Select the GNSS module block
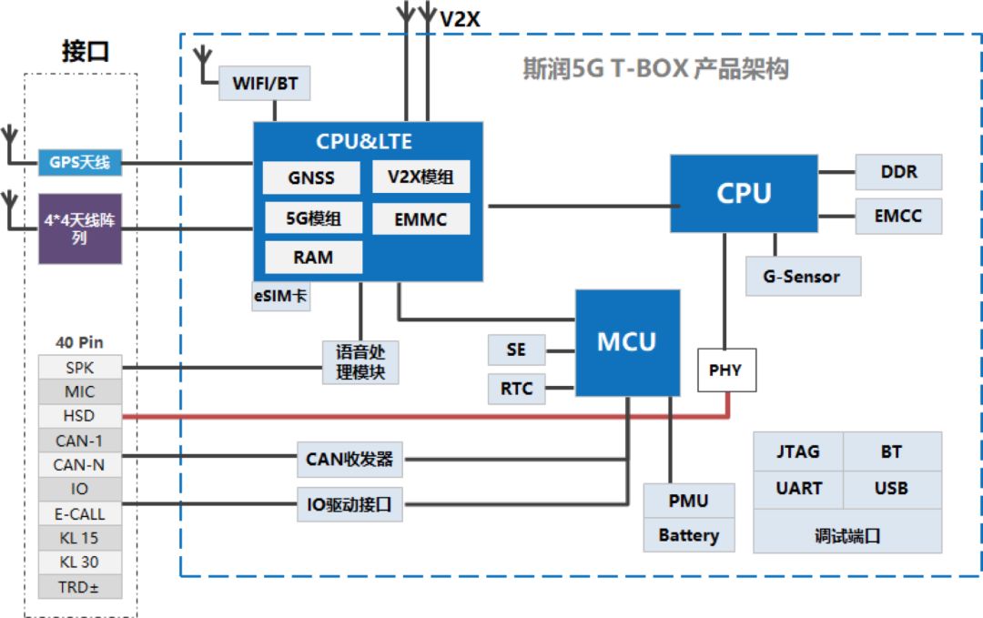tap(311, 177)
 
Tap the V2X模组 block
tap(421, 177)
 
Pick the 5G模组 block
tap(312, 218)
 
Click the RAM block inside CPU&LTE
tap(312, 258)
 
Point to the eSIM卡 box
tap(281, 296)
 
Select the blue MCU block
tap(626, 341)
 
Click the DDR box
tap(898, 172)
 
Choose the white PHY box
tap(725, 370)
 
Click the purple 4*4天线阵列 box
tap(80, 228)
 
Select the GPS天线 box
tap(80, 163)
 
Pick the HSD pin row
tap(79, 416)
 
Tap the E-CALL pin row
tap(79, 513)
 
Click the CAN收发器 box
tap(350, 460)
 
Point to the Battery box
tap(688, 535)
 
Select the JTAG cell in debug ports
tap(798, 451)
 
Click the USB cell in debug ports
tap(891, 489)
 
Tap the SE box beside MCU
tap(516, 350)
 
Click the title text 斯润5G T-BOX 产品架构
tap(655, 69)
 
